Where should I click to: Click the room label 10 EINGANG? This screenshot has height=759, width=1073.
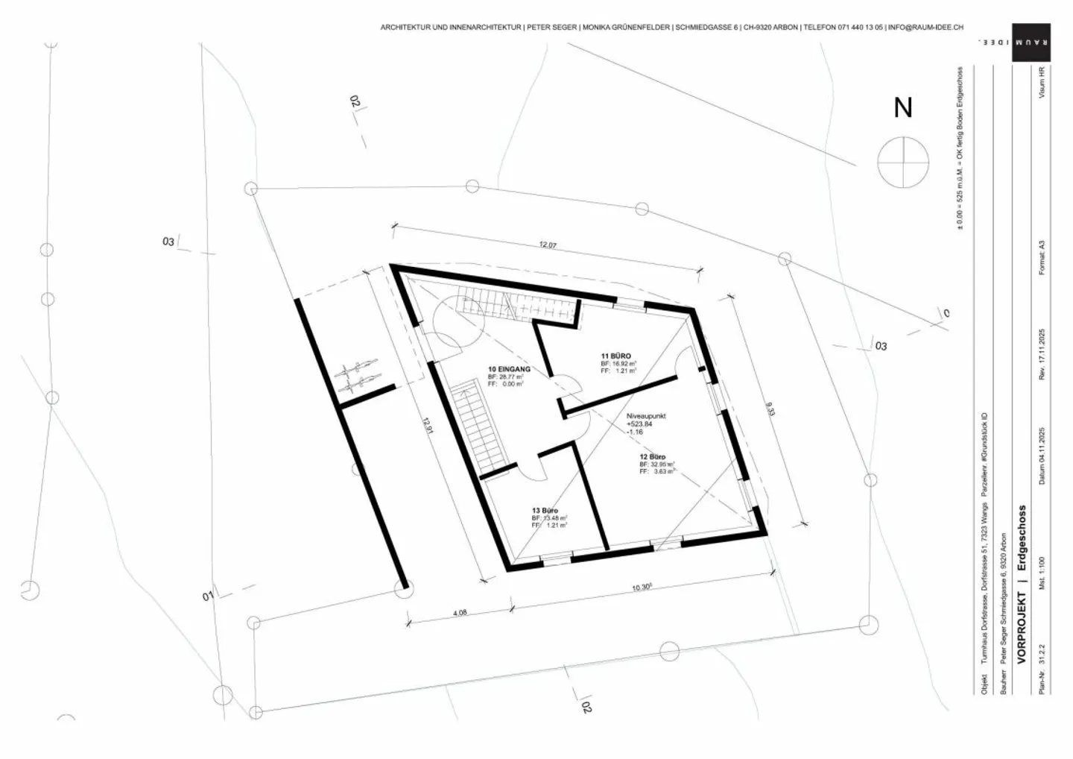[x=509, y=369]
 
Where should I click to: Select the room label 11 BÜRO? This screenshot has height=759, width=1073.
[x=616, y=356]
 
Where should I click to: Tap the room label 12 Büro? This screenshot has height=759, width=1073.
[x=653, y=456]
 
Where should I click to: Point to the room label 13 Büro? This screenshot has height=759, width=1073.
[x=545, y=511]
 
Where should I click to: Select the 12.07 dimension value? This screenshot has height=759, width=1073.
[x=548, y=245]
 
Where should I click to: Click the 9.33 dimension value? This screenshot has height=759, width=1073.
[x=770, y=409]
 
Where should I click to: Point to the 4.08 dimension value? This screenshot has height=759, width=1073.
[x=460, y=613]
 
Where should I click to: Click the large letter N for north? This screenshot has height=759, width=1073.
[x=903, y=108]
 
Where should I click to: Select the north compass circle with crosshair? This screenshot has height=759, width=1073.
[x=903, y=162]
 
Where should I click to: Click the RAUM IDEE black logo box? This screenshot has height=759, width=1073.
[x=1031, y=42]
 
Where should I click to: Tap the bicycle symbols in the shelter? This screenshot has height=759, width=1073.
[x=360, y=377]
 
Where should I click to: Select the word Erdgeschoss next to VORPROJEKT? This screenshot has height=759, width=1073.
[x=1022, y=538]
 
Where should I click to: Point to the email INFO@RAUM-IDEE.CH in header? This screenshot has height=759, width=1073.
[x=925, y=27]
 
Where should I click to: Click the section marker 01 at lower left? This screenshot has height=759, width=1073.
[x=208, y=596]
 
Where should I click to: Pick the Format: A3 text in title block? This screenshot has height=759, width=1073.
[x=1042, y=257]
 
